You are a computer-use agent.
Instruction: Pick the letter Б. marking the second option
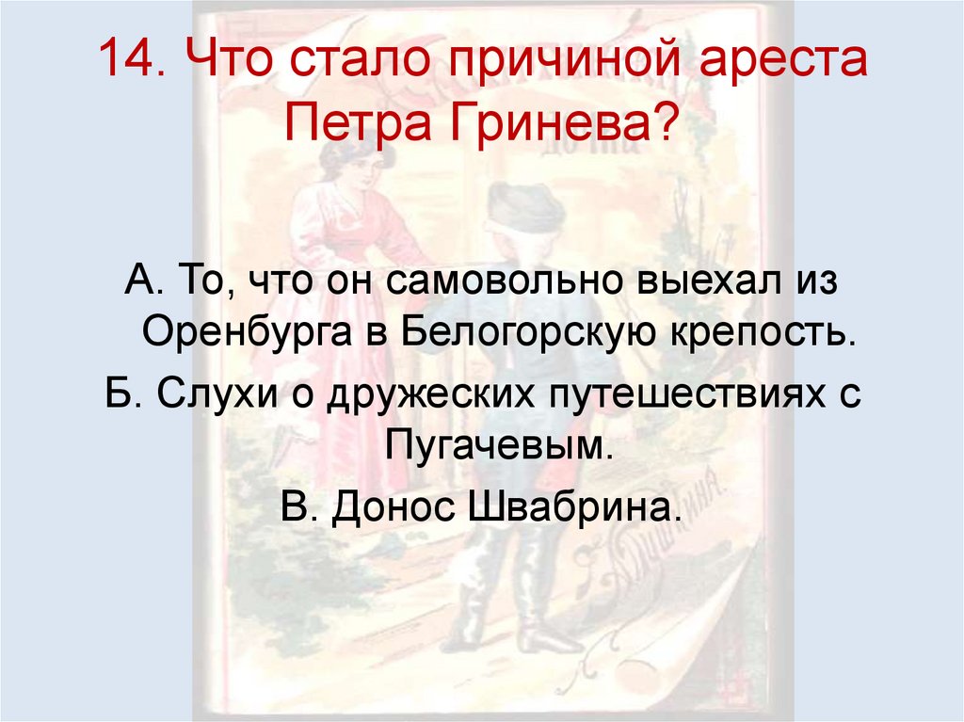click(121, 392)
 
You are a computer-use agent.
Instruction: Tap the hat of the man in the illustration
click(523, 203)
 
